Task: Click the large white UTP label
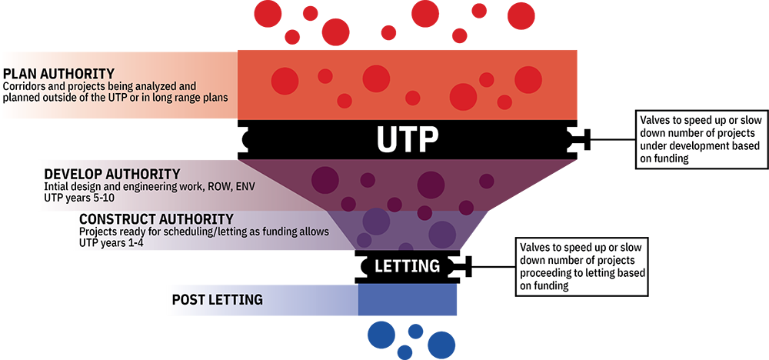407,139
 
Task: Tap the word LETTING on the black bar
407,266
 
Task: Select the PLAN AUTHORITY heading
59,74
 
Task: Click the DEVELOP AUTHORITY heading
112,174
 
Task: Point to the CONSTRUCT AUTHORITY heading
156,219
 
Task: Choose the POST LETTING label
217,299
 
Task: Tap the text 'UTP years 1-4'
112,242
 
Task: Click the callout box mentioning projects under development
699,139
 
